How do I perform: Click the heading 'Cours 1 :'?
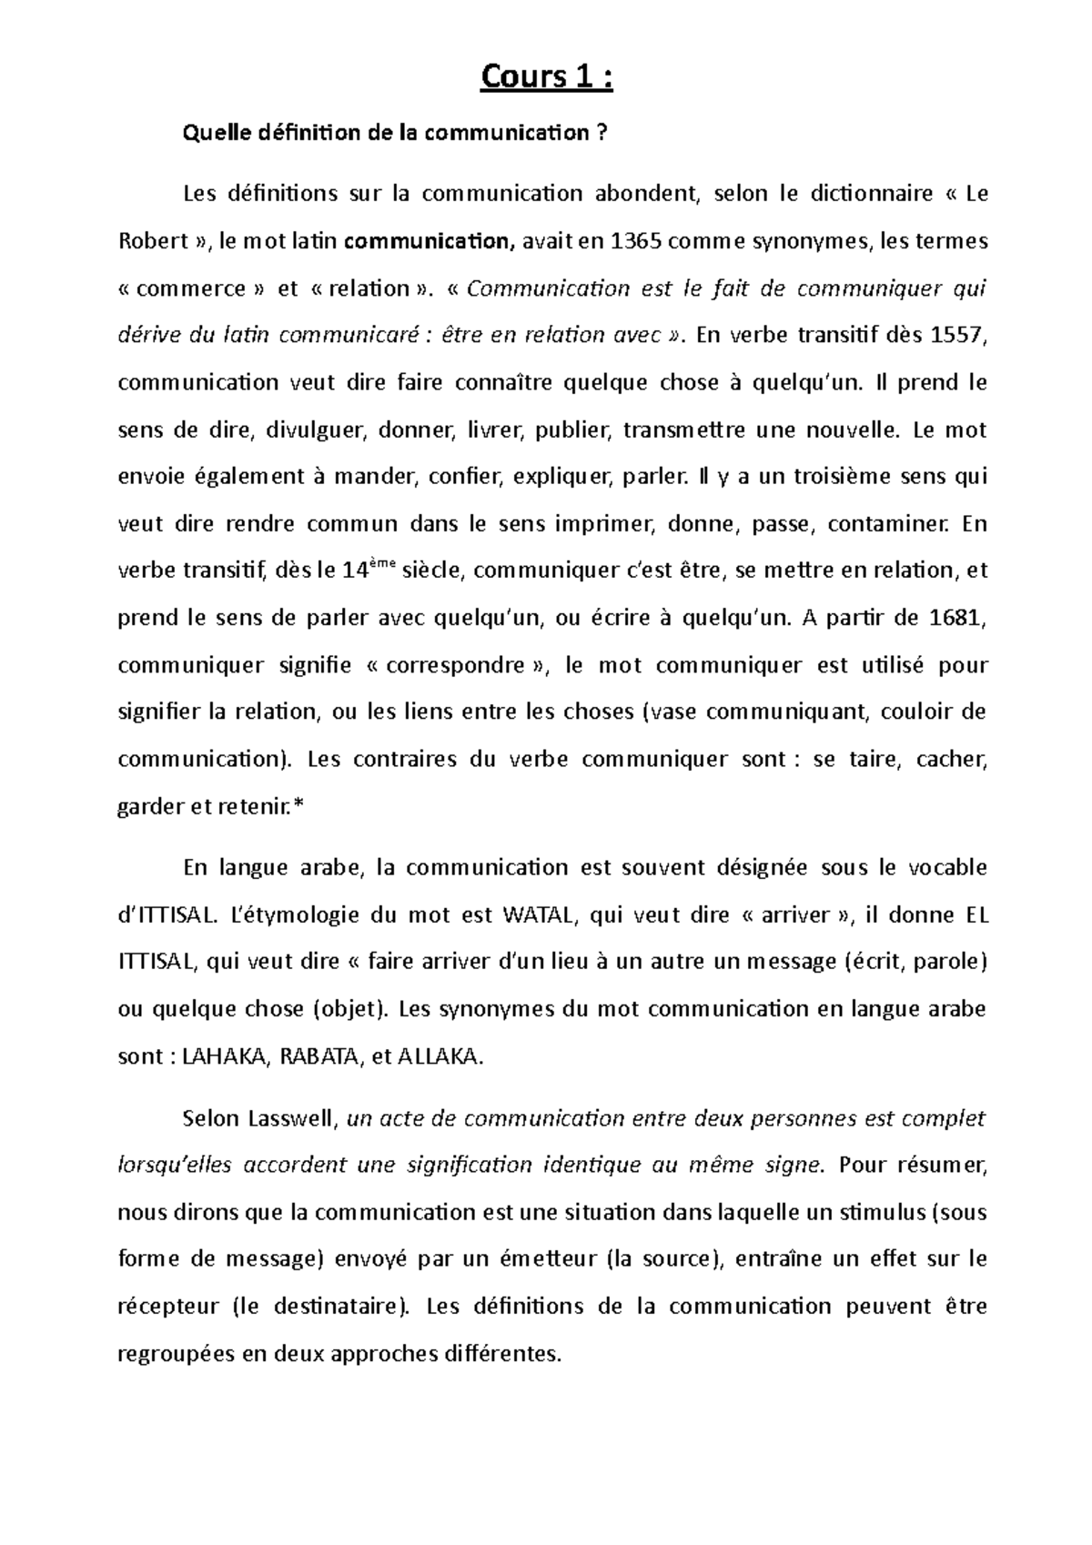tap(547, 78)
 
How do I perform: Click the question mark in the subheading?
tap(602, 134)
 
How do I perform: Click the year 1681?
tap(959, 619)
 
